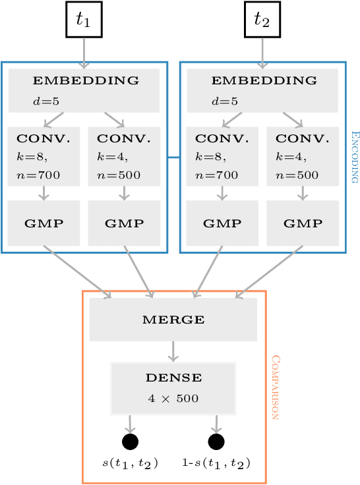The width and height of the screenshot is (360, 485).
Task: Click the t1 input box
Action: (83, 20)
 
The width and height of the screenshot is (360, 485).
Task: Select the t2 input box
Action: (262, 20)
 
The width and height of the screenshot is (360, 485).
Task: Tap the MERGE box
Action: (173, 320)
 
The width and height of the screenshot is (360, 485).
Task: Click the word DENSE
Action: (173, 378)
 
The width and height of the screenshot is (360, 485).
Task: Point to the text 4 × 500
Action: (173, 399)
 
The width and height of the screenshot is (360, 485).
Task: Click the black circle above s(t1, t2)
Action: (130, 442)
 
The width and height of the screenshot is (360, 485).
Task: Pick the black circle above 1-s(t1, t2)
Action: (216, 442)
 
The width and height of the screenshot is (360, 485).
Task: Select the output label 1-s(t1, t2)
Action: (216, 463)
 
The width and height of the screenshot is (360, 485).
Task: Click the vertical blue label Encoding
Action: (353, 156)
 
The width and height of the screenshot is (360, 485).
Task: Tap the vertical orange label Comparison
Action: (276, 388)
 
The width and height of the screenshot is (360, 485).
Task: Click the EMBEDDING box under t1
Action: (84, 90)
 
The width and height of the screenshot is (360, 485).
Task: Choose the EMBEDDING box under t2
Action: (262, 90)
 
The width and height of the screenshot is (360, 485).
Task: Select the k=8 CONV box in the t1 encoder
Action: (44, 157)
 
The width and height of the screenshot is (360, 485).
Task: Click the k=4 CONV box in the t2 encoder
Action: (303, 157)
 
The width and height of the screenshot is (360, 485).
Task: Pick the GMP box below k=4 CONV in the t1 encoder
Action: (124, 223)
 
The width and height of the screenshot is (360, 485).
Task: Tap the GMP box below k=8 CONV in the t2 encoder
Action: (222, 223)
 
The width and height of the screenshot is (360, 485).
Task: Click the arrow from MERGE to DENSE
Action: (173, 351)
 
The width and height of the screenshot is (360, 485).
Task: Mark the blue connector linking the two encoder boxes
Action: (173, 157)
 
